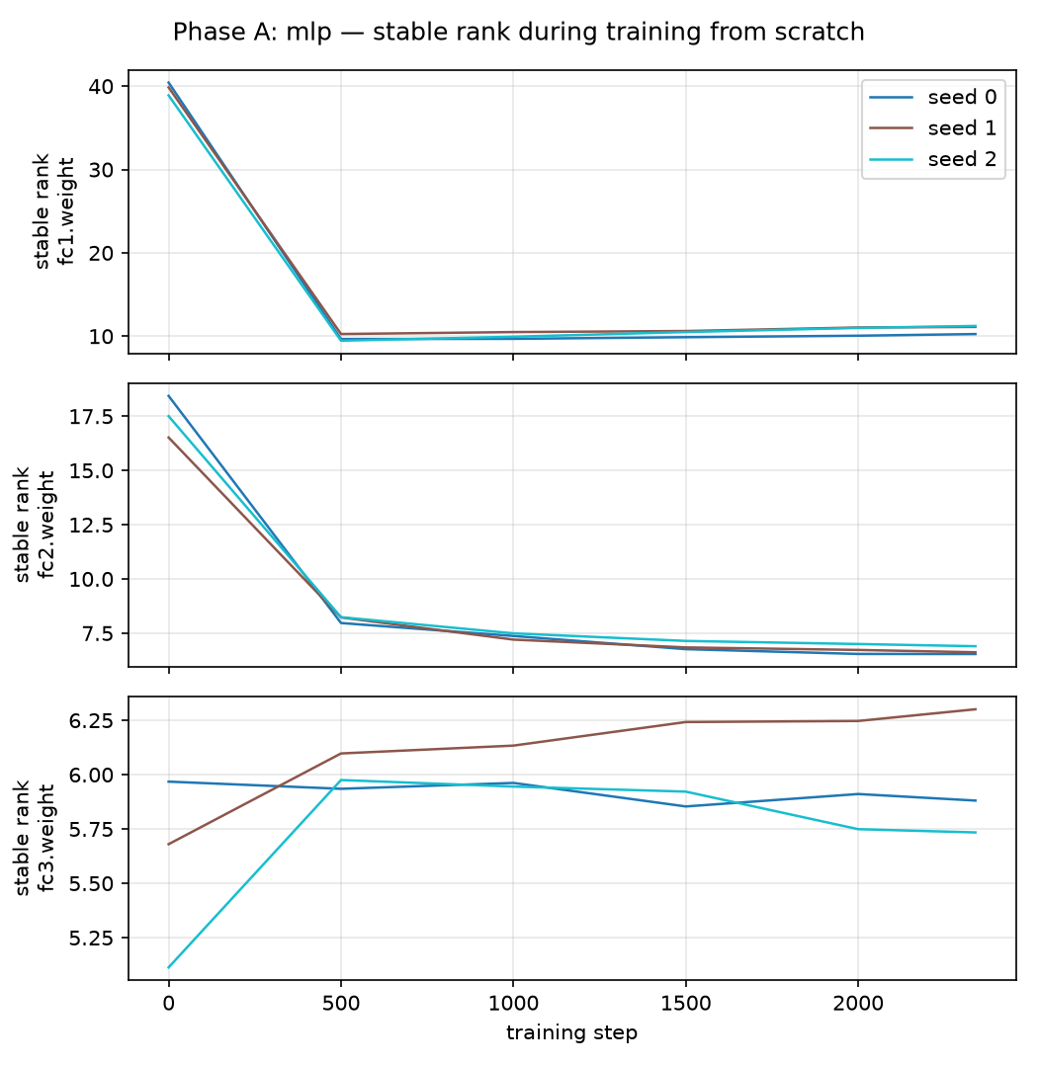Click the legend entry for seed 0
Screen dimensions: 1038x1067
coord(932,97)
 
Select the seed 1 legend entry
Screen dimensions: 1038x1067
coord(932,127)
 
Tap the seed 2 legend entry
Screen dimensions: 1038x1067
coord(932,159)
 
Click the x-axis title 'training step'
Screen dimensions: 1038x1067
coord(571,1033)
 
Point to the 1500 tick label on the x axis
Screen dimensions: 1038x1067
coord(685,1004)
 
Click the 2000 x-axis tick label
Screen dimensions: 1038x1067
coord(857,1004)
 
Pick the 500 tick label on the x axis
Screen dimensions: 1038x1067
coord(340,1004)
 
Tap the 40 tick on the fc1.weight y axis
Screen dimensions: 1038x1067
coord(101,86)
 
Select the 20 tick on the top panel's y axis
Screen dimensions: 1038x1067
coord(101,253)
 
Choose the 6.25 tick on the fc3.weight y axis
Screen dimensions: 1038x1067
coord(91,720)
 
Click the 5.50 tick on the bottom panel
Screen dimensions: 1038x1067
coord(91,884)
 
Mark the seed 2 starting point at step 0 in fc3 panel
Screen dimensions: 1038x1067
coord(169,967)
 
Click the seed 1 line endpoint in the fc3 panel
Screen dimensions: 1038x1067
coord(976,709)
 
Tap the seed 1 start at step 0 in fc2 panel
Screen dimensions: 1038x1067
coord(169,438)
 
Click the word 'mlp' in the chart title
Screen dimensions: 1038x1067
coord(308,33)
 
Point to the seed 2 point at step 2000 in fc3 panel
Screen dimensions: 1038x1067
coord(857,829)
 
